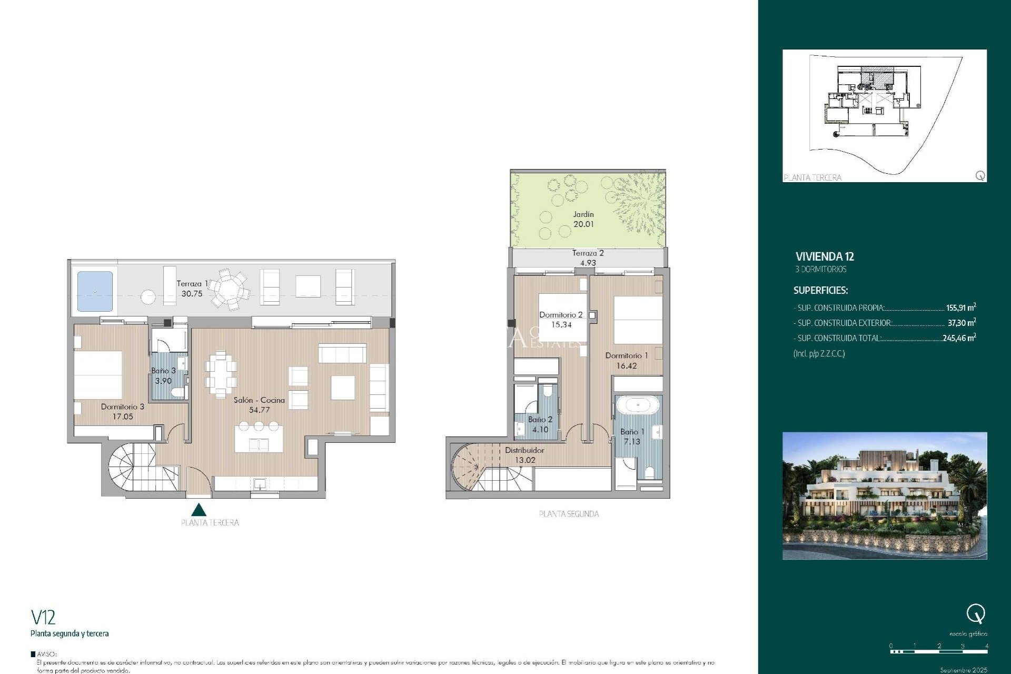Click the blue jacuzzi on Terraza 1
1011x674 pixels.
95,291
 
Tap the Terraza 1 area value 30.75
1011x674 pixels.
192,294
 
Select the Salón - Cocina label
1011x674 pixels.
259,400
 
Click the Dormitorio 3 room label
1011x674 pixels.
122,407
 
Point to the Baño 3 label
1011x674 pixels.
163,371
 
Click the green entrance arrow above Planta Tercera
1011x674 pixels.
199,510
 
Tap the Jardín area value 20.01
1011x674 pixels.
583,224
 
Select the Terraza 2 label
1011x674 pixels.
588,253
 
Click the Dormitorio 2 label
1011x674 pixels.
561,315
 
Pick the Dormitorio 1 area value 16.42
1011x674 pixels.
626,366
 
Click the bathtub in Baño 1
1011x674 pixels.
638,405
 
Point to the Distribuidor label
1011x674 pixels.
524,450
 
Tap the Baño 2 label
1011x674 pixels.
540,420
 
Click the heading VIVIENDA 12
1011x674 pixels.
825,257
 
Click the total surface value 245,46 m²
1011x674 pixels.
959,338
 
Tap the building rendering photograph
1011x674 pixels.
884,495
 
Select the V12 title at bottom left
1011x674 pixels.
43,617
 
